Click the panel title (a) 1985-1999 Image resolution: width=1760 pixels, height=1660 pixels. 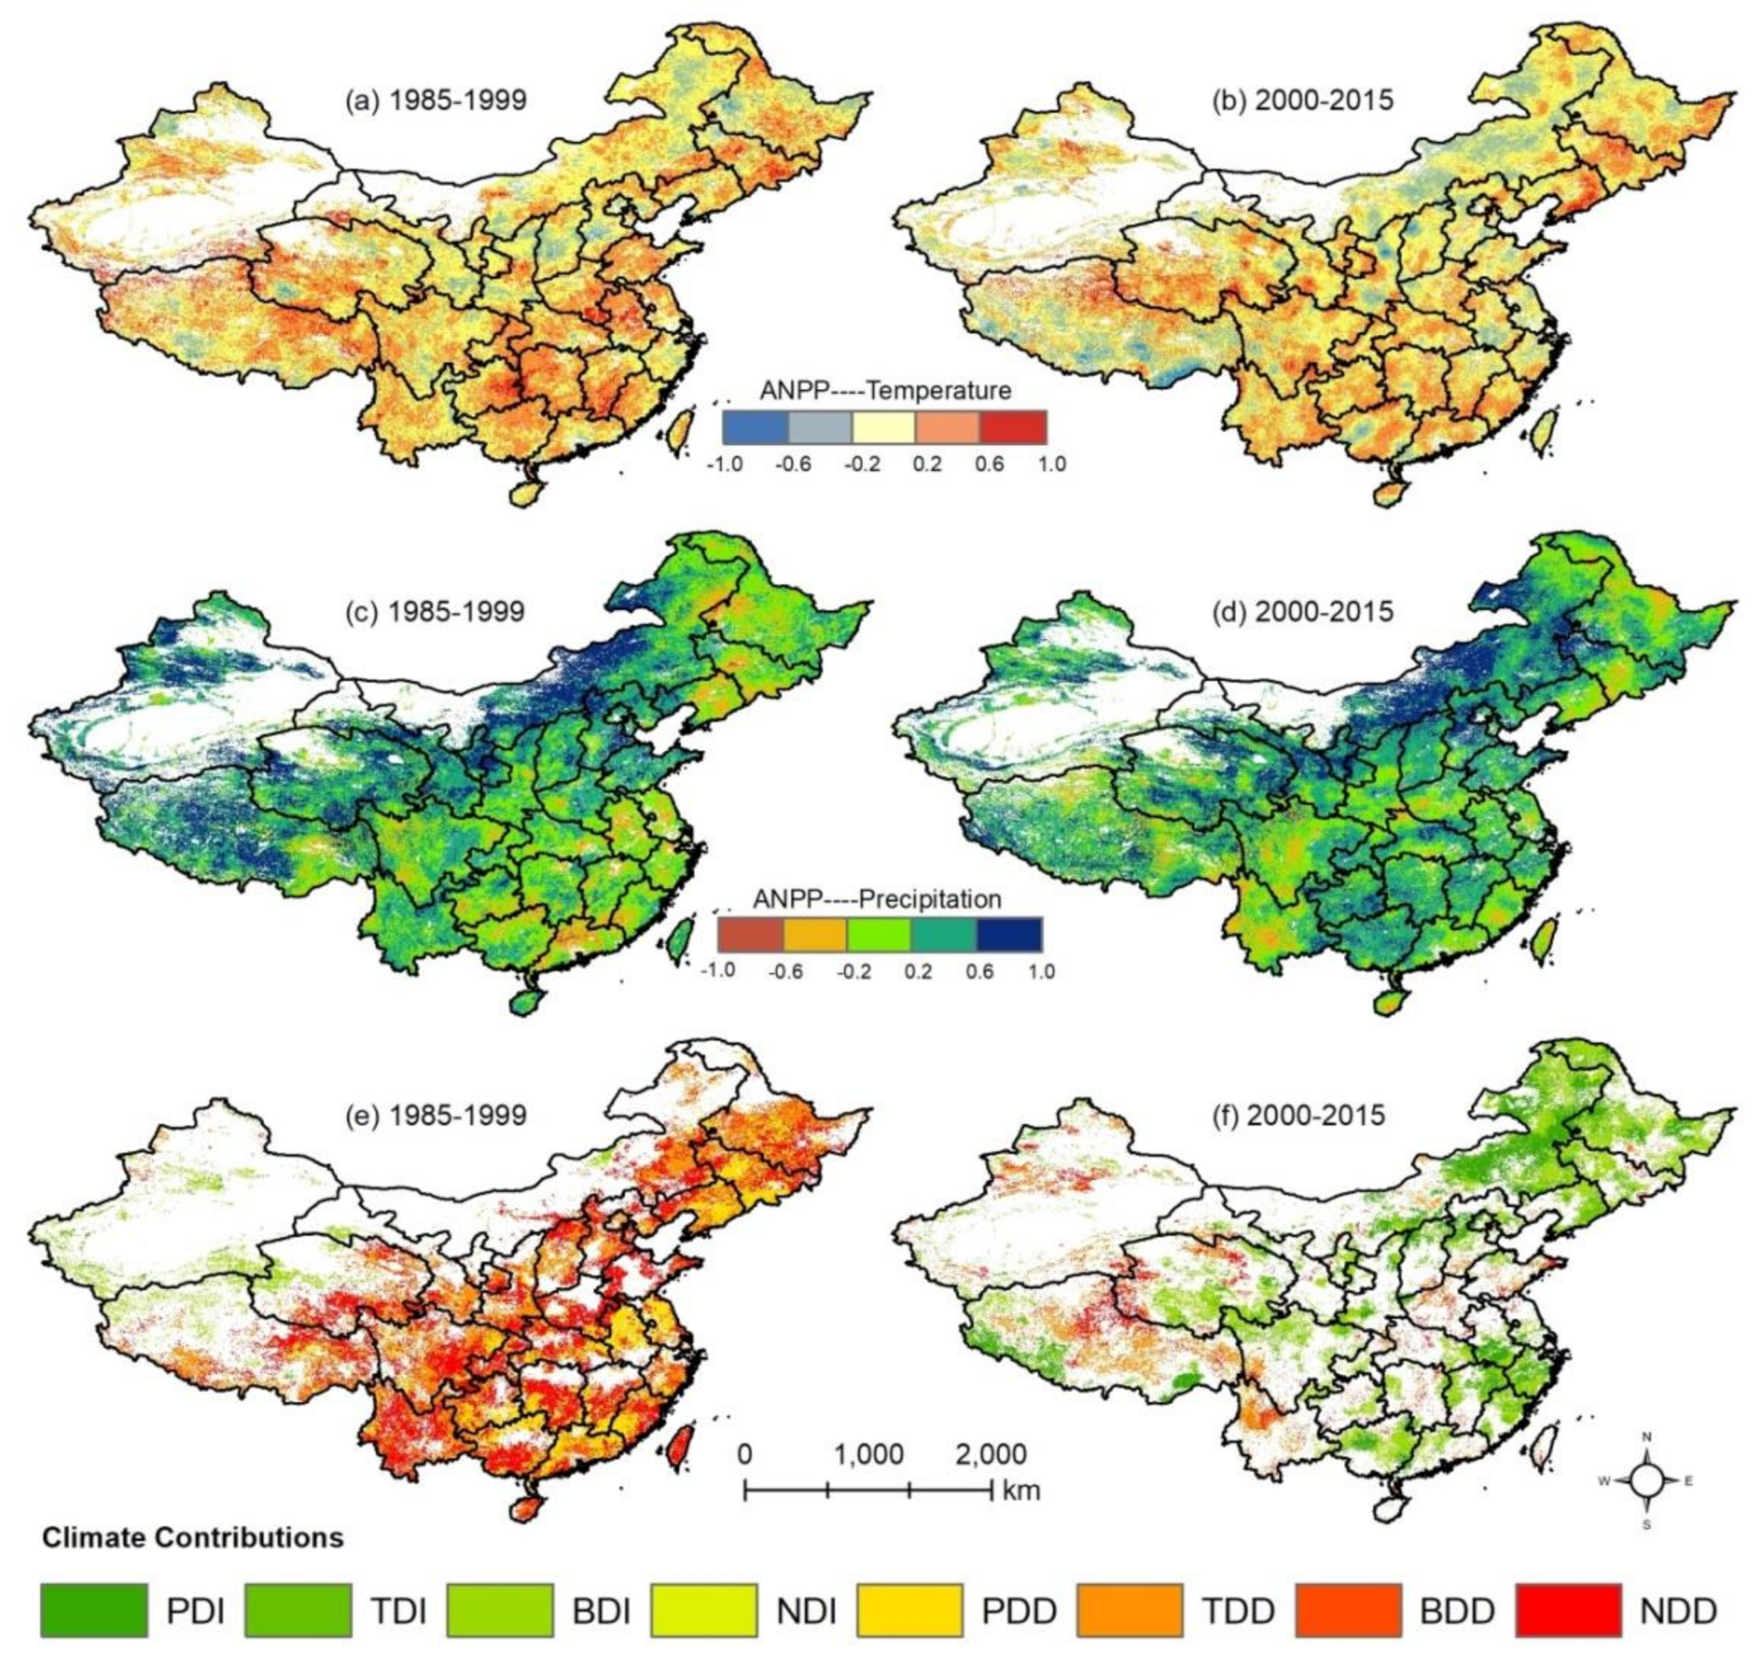(436, 100)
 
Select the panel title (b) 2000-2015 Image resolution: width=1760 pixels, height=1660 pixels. (1302, 100)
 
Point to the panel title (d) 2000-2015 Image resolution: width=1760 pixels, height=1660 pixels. (1302, 612)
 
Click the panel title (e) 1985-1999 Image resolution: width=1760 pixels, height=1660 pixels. (436, 1115)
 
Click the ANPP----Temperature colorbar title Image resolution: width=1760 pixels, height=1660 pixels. (884, 390)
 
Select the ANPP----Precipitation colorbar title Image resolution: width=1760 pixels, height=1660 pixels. (877, 899)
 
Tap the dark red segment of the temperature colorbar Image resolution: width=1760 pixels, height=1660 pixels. (1013, 427)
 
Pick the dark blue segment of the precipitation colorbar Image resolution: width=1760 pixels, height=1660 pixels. (1009, 934)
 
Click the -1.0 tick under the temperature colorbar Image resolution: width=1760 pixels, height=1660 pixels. (724, 464)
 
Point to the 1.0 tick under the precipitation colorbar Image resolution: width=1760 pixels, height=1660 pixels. (1041, 971)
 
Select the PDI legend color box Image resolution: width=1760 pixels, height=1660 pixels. (93, 1610)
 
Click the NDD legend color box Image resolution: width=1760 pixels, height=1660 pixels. (1568, 1610)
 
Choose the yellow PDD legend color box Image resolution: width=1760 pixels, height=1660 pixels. (910, 1610)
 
